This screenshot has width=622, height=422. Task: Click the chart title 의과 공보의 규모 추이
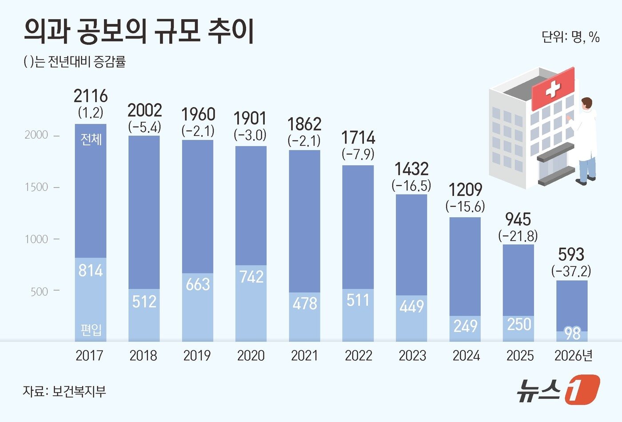[x=138, y=32]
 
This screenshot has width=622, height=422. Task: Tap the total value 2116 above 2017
[x=91, y=96]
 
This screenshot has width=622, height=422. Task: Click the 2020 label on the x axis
[x=251, y=356]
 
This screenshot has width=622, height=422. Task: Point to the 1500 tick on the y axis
[x=36, y=187]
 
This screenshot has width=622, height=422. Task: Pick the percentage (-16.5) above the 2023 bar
[x=411, y=186]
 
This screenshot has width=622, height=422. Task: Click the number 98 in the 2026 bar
[x=572, y=334]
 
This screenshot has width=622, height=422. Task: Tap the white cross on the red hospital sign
[x=553, y=89]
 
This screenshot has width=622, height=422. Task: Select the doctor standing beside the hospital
[x=586, y=140]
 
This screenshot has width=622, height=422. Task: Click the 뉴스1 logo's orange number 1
[x=582, y=390]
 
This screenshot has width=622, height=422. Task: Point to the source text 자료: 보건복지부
[x=64, y=391]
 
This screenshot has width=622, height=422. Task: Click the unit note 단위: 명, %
[x=571, y=37]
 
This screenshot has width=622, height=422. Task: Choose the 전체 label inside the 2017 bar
[x=91, y=139]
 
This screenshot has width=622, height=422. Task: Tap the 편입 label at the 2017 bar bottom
[x=91, y=330]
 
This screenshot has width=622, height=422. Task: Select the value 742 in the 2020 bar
[x=251, y=277]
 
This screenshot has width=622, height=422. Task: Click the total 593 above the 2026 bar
[x=571, y=255]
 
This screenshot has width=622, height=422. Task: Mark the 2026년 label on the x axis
[x=574, y=356]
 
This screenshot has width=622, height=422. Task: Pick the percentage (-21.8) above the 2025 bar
[x=518, y=236]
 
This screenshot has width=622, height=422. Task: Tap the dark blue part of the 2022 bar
[x=358, y=227]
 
